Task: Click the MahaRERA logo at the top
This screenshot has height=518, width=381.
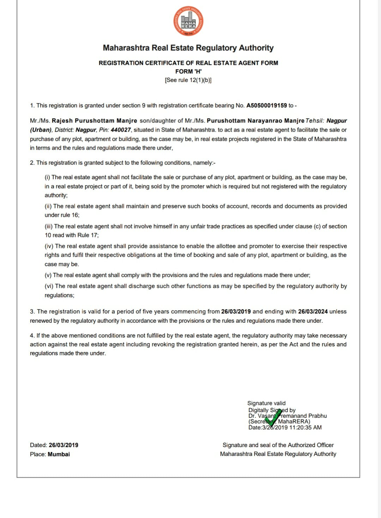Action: (x=188, y=22)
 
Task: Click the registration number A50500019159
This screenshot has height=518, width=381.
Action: (x=266, y=106)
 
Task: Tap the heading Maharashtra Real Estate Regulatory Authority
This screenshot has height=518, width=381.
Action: (x=188, y=48)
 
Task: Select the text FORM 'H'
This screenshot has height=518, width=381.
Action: (x=188, y=71)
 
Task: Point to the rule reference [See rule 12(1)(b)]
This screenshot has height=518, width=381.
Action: (x=188, y=80)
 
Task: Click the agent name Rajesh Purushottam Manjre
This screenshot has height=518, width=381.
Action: (x=94, y=121)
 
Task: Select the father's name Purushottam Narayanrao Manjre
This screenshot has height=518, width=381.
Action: (x=255, y=121)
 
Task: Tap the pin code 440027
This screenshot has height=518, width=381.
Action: (x=121, y=130)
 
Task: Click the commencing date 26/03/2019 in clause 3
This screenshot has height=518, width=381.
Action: (x=236, y=311)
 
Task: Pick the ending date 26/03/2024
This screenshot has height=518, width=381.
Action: (x=313, y=311)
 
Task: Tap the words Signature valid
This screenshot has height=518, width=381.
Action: (x=266, y=403)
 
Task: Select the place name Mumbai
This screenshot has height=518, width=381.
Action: (x=59, y=454)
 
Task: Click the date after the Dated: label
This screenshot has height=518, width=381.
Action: (x=64, y=445)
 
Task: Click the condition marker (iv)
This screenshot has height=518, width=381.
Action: (x=49, y=246)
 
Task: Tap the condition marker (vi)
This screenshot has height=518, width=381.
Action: (x=49, y=286)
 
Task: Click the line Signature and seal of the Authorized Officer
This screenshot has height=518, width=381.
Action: (x=278, y=445)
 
